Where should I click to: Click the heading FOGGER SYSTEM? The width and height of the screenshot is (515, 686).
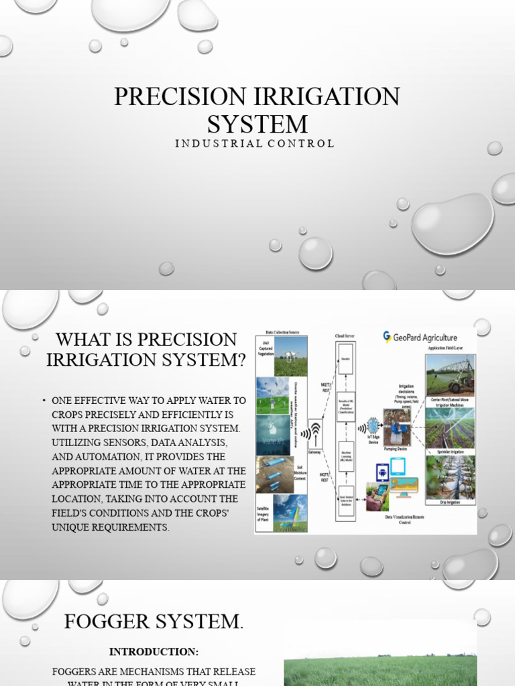point(154,621)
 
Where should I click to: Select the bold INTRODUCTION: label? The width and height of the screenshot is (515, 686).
point(154,651)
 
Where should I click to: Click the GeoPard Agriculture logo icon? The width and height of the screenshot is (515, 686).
point(387,336)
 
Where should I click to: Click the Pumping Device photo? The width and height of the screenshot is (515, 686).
point(397,426)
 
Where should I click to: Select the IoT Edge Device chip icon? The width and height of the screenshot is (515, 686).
point(372,426)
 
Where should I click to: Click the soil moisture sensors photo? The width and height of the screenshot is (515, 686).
point(273,474)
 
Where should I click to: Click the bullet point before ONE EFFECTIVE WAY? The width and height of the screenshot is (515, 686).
point(44,401)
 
